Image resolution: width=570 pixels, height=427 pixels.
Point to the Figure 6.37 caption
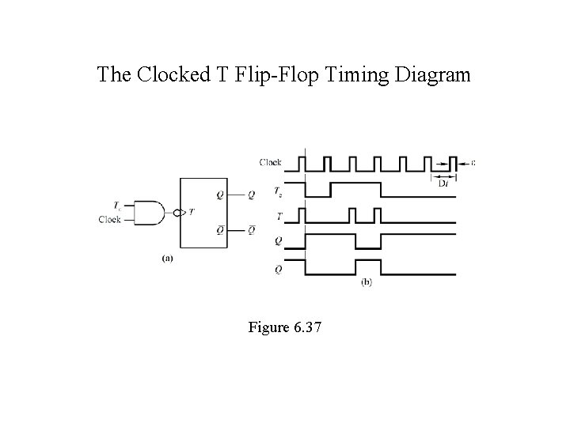(284, 326)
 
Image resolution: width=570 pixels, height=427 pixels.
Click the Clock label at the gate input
(109, 220)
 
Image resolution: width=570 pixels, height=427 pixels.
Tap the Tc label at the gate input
(117, 204)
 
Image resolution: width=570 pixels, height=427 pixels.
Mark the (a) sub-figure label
(168, 257)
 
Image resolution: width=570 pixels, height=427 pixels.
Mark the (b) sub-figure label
(367, 282)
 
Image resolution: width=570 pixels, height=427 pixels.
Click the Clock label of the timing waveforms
(270, 163)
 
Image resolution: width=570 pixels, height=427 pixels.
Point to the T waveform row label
(277, 215)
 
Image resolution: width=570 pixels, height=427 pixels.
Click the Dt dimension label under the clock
(443, 183)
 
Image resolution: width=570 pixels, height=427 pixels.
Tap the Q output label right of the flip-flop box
(251, 195)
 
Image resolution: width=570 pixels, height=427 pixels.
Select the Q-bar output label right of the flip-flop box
(251, 231)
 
